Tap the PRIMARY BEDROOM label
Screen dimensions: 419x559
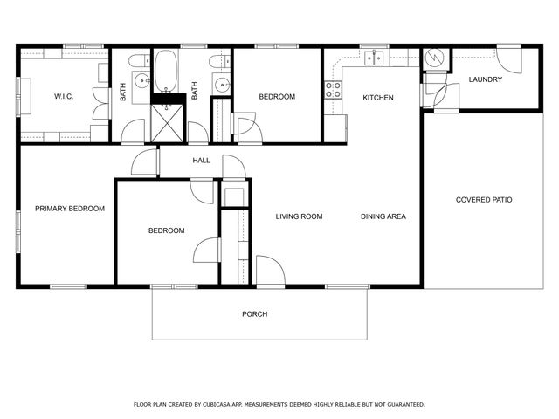70,209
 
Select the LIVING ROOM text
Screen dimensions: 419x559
300,216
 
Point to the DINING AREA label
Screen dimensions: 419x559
383,216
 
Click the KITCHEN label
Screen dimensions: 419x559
378,98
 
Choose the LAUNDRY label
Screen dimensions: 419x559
485,80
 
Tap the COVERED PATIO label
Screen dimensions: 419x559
484,200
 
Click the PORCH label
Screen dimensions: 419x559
255,314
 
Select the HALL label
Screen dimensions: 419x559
202,161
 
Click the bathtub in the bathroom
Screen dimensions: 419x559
166,72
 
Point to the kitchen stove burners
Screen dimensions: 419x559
333,90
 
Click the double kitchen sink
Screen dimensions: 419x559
374,58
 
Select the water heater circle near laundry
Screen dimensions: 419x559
434,59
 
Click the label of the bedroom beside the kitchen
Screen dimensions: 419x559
277,96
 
